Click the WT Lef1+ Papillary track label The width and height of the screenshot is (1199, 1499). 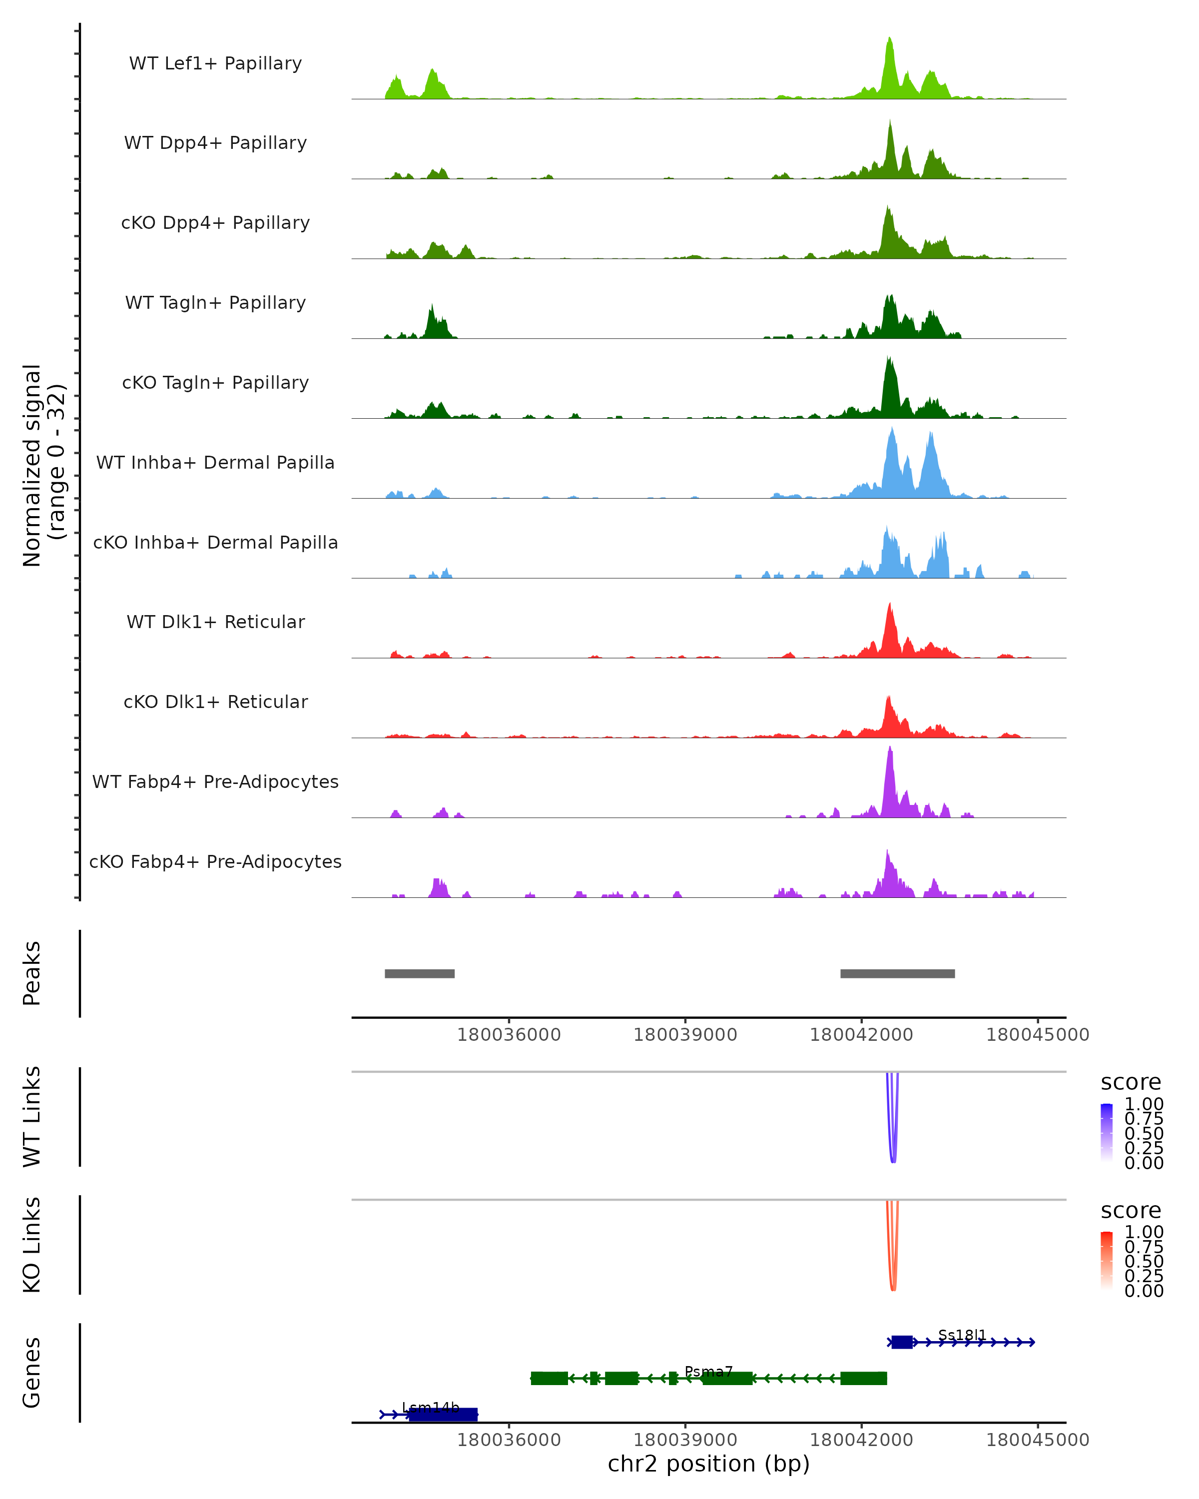pyautogui.click(x=215, y=64)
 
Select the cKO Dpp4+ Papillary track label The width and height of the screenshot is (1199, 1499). pyautogui.click(x=215, y=223)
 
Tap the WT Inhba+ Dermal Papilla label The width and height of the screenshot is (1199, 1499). pyautogui.click(x=215, y=463)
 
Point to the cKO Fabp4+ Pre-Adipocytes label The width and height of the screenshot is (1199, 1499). pyautogui.click(x=215, y=862)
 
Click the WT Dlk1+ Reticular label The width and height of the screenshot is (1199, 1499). pyautogui.click(x=215, y=622)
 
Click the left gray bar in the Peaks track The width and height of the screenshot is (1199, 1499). pyautogui.click(x=420, y=973)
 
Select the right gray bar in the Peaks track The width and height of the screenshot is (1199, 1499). pyautogui.click(x=897, y=973)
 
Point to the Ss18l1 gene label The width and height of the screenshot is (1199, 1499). pyautogui.click(x=962, y=1335)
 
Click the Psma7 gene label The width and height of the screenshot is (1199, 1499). pyautogui.click(x=708, y=1372)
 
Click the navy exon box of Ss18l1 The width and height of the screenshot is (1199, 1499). pyautogui.click(x=902, y=1343)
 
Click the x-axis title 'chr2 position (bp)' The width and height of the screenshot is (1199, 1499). pyautogui.click(x=708, y=1464)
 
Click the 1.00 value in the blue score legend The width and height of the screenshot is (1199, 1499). pyautogui.click(x=1144, y=1104)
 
